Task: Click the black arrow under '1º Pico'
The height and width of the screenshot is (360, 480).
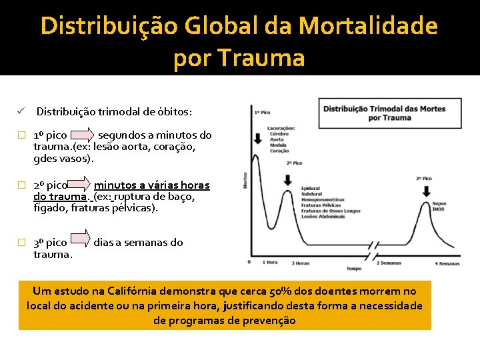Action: click(x=258, y=139)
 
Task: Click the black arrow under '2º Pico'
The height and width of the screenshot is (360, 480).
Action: click(x=287, y=179)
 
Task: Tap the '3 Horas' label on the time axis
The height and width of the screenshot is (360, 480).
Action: click(x=300, y=263)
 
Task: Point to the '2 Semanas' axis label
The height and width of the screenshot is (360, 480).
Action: click(x=389, y=263)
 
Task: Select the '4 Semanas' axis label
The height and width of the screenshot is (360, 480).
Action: click(x=447, y=263)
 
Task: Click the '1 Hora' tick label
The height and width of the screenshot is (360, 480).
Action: click(x=269, y=263)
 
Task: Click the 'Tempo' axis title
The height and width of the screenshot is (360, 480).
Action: click(x=354, y=269)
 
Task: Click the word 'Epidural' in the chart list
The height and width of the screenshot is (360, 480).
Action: click(x=311, y=189)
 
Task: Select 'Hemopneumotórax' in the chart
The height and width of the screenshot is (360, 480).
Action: click(x=323, y=199)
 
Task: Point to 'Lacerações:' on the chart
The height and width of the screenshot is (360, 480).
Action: click(x=281, y=129)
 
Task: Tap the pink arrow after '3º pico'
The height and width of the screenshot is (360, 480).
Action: click(x=80, y=239)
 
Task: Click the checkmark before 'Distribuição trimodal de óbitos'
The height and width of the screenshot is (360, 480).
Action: click(x=21, y=111)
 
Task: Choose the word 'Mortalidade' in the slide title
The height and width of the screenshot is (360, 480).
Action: click(x=368, y=26)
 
